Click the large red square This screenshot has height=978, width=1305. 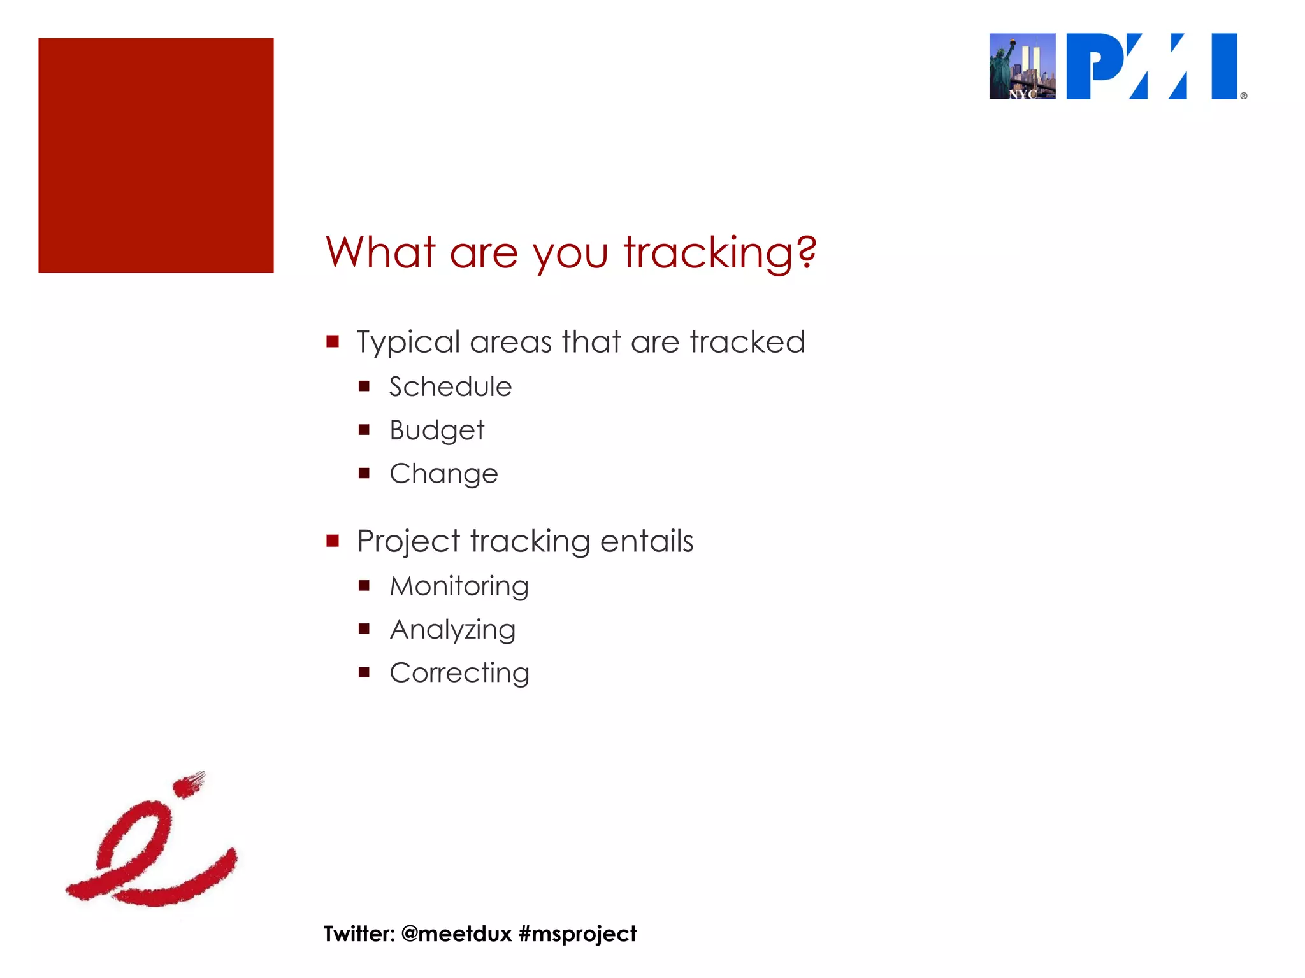155,155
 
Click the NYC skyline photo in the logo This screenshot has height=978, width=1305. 1022,66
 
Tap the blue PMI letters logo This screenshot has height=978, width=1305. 1152,66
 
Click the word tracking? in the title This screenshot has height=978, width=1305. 720,253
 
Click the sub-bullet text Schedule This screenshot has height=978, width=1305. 451,387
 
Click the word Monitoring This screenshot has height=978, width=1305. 459,586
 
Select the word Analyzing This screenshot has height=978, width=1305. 452,630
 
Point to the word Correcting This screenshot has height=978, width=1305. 459,673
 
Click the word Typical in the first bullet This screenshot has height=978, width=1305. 408,343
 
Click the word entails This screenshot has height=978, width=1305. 646,541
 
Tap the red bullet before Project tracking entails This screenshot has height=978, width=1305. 333,541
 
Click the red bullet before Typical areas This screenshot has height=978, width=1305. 333,342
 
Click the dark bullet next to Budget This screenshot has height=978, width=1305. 364,430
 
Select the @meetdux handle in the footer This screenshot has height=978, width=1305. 456,933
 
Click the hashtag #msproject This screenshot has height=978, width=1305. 577,933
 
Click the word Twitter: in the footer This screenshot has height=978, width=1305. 359,933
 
